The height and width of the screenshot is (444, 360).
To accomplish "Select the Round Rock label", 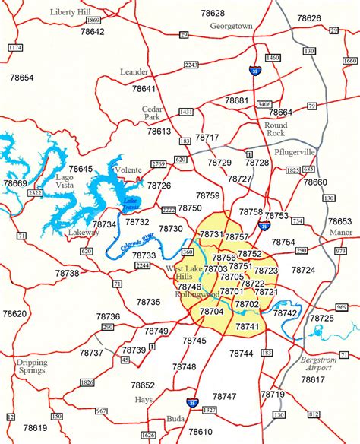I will click(x=276, y=130).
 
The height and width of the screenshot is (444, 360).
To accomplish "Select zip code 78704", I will click(x=211, y=311).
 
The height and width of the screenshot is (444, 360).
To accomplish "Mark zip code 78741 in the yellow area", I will click(x=248, y=326).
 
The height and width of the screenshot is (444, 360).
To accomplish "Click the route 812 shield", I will click(x=314, y=414).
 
